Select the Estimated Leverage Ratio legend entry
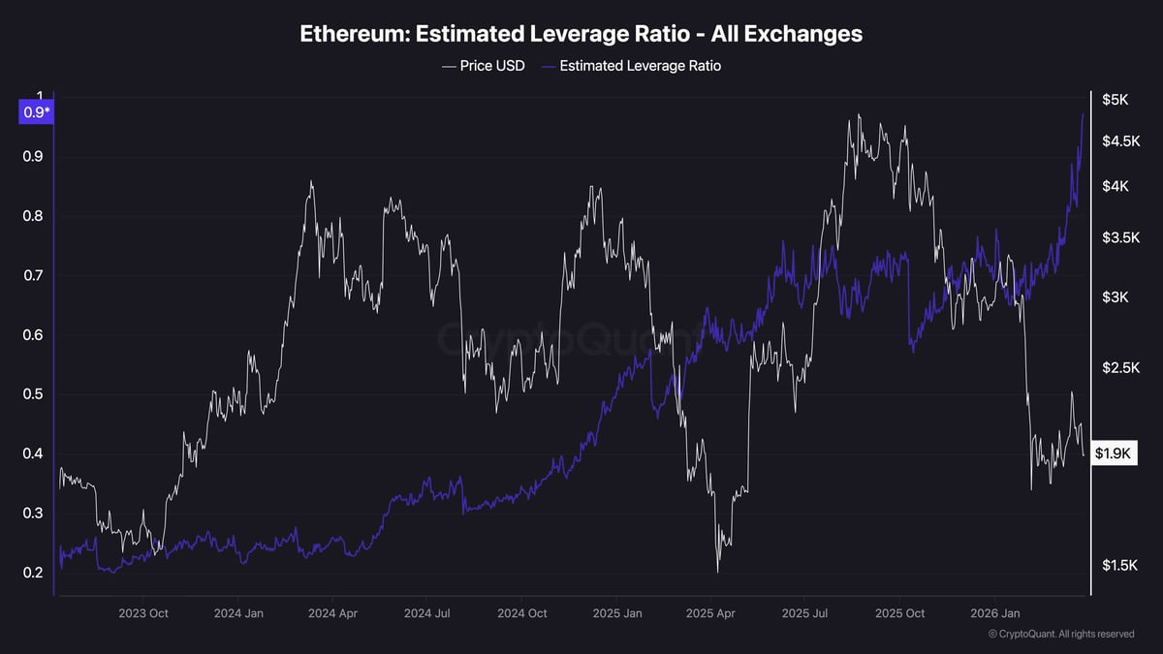[x=631, y=66]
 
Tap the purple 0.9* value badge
[x=35, y=112]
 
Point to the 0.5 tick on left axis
[x=33, y=394]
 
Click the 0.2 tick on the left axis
[x=33, y=573]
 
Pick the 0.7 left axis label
[x=33, y=275]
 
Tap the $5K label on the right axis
[x=1115, y=99]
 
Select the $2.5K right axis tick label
[x=1120, y=368]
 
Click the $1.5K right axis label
[x=1120, y=565]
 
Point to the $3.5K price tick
[x=1120, y=237]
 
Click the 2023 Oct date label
[x=143, y=613]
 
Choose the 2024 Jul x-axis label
[x=427, y=613]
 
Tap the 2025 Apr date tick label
[x=710, y=613]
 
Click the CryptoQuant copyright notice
[x=1061, y=634]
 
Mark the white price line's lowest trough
[x=718, y=572]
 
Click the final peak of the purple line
[x=1083, y=114]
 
